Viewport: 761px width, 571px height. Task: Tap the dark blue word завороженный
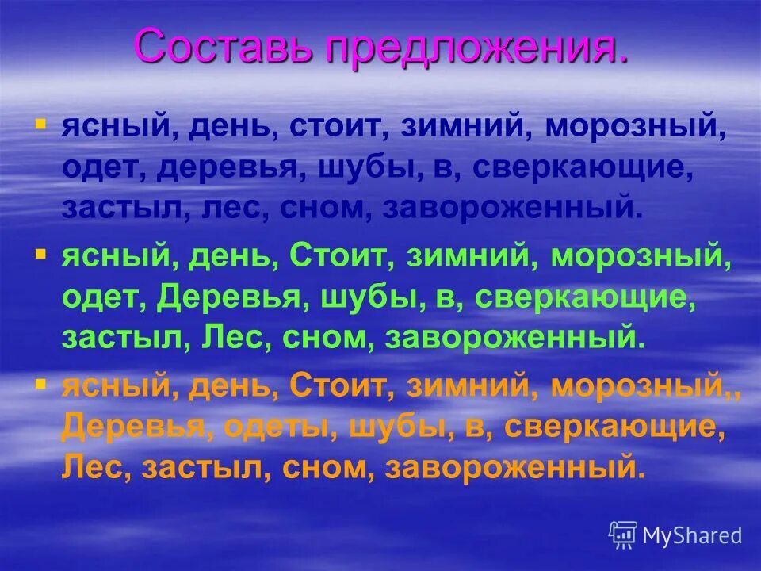tap(509, 209)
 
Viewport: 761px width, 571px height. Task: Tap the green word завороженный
tap(512, 338)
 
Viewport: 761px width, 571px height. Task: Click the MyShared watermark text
tap(692, 536)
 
